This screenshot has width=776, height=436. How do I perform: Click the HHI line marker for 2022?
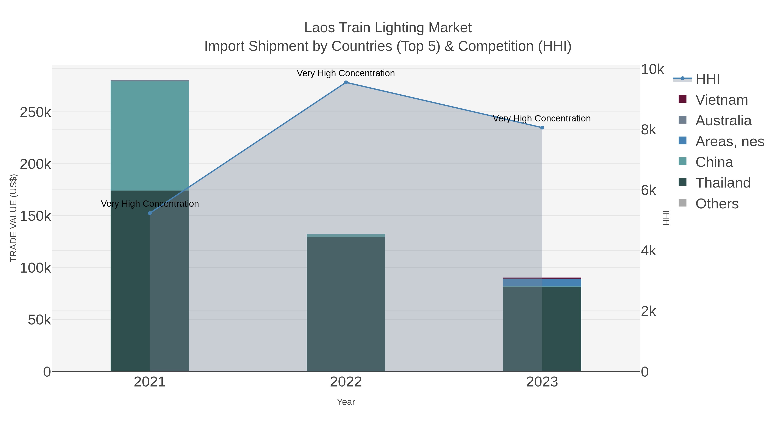tap(346, 82)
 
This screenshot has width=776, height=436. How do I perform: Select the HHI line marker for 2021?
tap(150, 213)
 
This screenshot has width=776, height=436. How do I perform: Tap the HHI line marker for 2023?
tap(542, 128)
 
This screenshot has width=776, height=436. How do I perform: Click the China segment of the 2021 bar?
tap(150, 135)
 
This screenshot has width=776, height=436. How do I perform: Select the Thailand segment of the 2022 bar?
tap(346, 304)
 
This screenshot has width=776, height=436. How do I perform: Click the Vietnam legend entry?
tap(721, 100)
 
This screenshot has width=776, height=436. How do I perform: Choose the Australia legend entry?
tap(723, 121)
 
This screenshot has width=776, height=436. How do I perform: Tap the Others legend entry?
tap(717, 204)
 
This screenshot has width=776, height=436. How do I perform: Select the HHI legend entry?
tap(707, 79)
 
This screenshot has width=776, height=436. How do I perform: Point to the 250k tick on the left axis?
tap(35, 113)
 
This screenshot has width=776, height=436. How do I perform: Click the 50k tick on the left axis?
tap(39, 320)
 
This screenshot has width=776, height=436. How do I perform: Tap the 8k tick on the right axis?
tap(648, 130)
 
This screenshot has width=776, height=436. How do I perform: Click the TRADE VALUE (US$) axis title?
tap(14, 218)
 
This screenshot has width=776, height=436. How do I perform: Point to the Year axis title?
tap(346, 402)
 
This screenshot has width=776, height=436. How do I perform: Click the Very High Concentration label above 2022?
tap(346, 73)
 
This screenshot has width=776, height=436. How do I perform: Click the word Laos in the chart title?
tap(319, 28)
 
